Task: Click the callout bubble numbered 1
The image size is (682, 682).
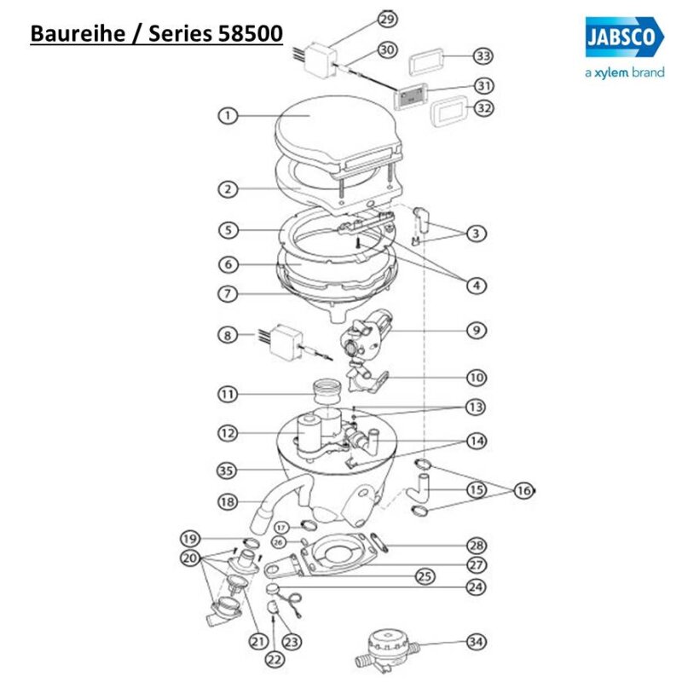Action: (227, 117)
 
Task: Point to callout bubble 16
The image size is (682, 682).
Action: (523, 490)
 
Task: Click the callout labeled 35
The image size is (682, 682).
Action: (227, 469)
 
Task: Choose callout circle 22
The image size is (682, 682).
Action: (273, 658)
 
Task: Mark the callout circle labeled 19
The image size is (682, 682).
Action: (190, 538)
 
